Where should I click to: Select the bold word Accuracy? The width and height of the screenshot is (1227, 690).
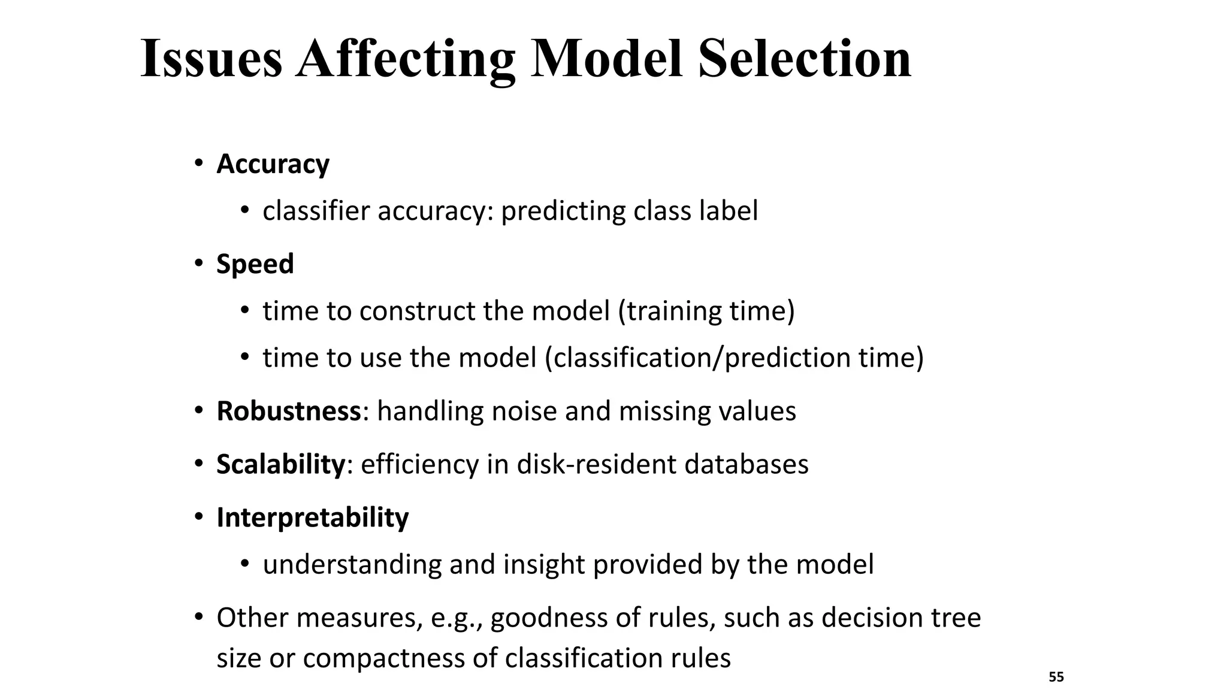click(x=273, y=164)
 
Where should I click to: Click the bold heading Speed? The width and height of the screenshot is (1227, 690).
click(x=255, y=264)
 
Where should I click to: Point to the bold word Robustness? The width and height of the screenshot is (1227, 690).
click(x=288, y=411)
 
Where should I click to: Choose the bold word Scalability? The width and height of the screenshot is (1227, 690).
click(x=280, y=464)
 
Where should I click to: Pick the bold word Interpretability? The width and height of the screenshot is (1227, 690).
click(x=312, y=517)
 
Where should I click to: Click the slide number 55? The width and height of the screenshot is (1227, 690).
click(x=1056, y=677)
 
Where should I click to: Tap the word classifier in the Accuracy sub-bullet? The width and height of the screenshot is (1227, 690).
click(x=316, y=211)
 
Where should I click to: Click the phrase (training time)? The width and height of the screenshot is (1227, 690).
click(x=706, y=311)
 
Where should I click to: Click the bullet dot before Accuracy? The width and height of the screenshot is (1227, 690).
click(x=199, y=164)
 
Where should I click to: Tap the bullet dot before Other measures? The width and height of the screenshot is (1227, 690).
click(x=199, y=618)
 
